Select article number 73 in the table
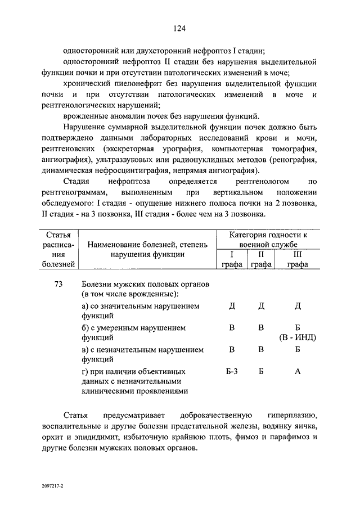click(x=58, y=285)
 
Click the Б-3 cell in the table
click(x=231, y=371)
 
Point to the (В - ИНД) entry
click(x=297, y=337)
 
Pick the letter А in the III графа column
click(x=298, y=371)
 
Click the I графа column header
click(x=231, y=260)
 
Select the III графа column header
click(x=298, y=260)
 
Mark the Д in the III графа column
click(x=298, y=305)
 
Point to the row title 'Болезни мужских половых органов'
click(x=145, y=285)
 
